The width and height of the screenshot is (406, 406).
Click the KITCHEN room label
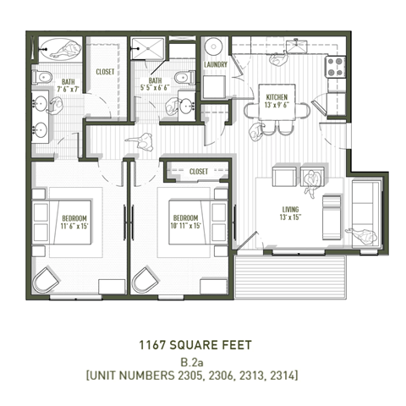(x=277, y=97)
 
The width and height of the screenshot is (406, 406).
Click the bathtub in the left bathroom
(x=57, y=49)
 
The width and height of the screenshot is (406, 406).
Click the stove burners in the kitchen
(x=336, y=66)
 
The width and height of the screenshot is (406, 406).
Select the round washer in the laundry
(x=213, y=47)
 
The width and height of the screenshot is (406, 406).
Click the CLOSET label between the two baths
(x=106, y=73)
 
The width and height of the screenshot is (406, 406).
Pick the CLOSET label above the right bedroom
(x=199, y=172)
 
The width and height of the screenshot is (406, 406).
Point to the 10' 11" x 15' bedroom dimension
(x=188, y=227)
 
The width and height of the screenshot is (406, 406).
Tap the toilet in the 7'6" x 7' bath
(x=41, y=78)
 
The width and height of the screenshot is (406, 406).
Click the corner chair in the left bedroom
(x=47, y=280)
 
